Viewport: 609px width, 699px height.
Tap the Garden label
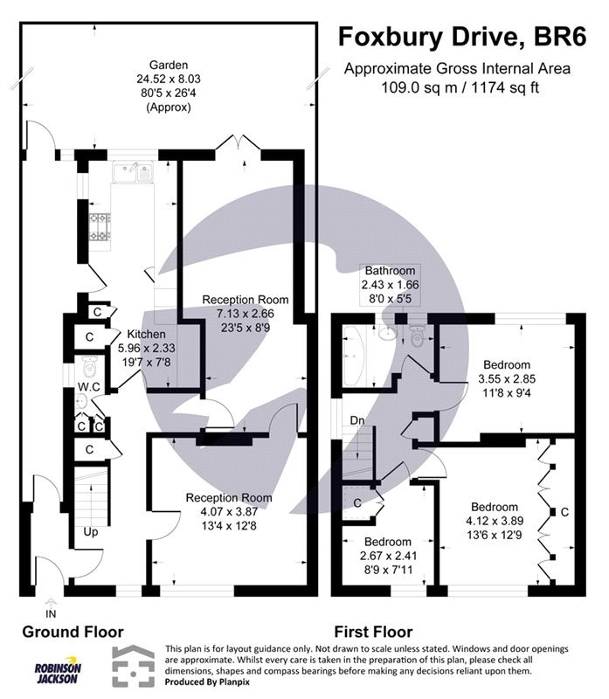click(x=170, y=65)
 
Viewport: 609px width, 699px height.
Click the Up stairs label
click(x=91, y=530)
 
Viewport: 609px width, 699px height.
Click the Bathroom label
click(x=391, y=271)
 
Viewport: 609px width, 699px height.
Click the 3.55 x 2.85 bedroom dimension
click(x=506, y=379)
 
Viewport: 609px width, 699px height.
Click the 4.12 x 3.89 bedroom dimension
click(x=495, y=521)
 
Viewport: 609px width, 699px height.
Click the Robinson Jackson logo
click(x=58, y=672)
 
